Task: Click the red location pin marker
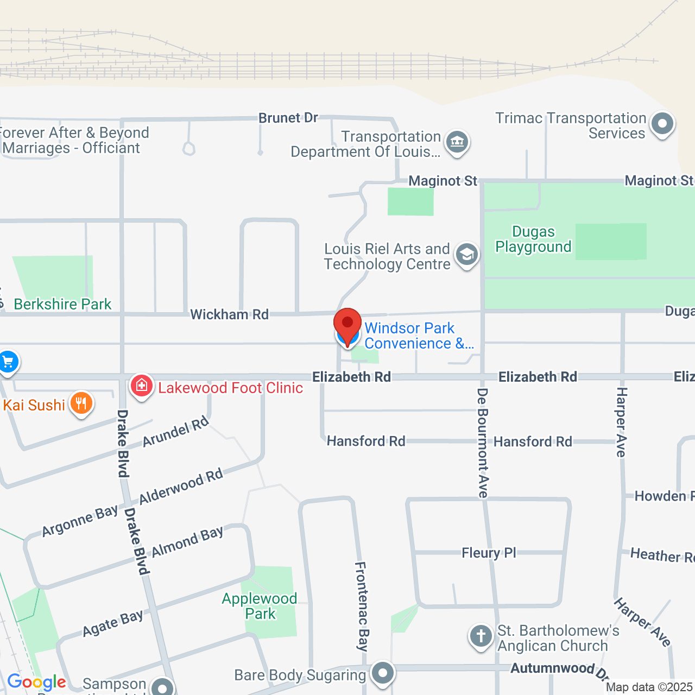click(x=347, y=325)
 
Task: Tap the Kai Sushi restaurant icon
click(x=81, y=403)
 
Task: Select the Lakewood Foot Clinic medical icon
click(x=141, y=386)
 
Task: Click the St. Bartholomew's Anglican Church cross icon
click(x=481, y=636)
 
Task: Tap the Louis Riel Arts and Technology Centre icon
click(x=466, y=254)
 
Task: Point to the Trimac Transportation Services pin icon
click(x=662, y=124)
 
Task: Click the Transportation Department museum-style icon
click(x=457, y=142)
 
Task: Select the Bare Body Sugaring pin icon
click(x=383, y=673)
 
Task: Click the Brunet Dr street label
click(x=288, y=118)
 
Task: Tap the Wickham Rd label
click(x=229, y=314)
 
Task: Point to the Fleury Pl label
click(x=489, y=553)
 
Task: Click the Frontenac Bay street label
click(x=362, y=606)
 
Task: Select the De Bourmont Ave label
click(x=483, y=443)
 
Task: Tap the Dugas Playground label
click(x=533, y=239)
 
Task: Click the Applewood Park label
click(x=260, y=606)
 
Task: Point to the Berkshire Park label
click(x=62, y=304)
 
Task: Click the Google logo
click(x=36, y=682)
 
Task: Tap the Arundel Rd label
click(x=175, y=431)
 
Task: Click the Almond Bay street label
click(x=187, y=542)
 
